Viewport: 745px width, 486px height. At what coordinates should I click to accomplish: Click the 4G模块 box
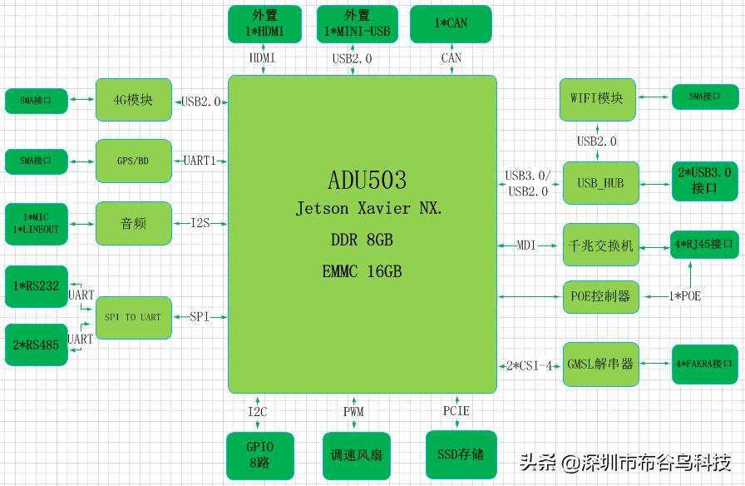(134, 101)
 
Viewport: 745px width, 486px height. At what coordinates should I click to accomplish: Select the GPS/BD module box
(134, 161)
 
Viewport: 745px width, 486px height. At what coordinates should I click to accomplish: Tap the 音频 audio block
(134, 223)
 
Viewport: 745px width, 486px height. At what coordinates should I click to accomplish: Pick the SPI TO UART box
(134, 317)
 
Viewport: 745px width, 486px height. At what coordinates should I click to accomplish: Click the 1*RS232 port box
(37, 285)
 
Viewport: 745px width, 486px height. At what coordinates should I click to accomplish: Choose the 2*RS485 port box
(37, 345)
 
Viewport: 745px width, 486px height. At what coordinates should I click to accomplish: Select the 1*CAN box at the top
(451, 23)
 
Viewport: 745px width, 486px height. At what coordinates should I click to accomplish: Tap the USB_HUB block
(601, 182)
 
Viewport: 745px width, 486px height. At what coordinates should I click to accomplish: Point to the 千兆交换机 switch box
(601, 245)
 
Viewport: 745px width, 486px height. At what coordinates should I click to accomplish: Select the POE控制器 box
(601, 296)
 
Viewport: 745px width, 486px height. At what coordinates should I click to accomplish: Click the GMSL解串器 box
(601, 364)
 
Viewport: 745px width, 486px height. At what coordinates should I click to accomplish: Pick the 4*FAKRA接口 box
(704, 364)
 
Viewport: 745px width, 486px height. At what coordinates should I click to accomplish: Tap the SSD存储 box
(461, 454)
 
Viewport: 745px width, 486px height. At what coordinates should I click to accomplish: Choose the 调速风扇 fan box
(358, 455)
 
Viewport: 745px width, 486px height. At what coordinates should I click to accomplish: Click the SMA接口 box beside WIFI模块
(704, 97)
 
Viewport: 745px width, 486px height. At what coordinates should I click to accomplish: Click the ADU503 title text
(368, 180)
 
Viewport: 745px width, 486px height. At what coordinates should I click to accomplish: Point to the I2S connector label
(200, 223)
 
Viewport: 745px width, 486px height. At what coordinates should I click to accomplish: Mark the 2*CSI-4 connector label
(529, 364)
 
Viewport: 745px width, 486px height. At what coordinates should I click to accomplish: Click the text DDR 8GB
(362, 241)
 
